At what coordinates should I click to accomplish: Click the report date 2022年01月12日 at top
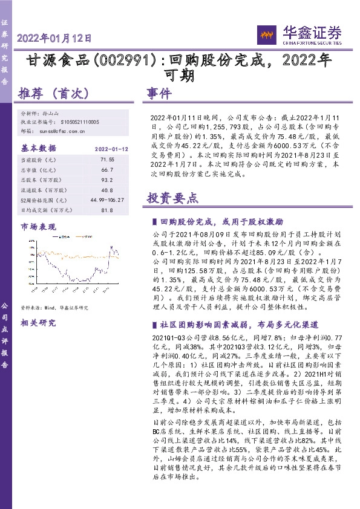[x=54, y=37]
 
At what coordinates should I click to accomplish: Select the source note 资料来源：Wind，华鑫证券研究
[x=54, y=307]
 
